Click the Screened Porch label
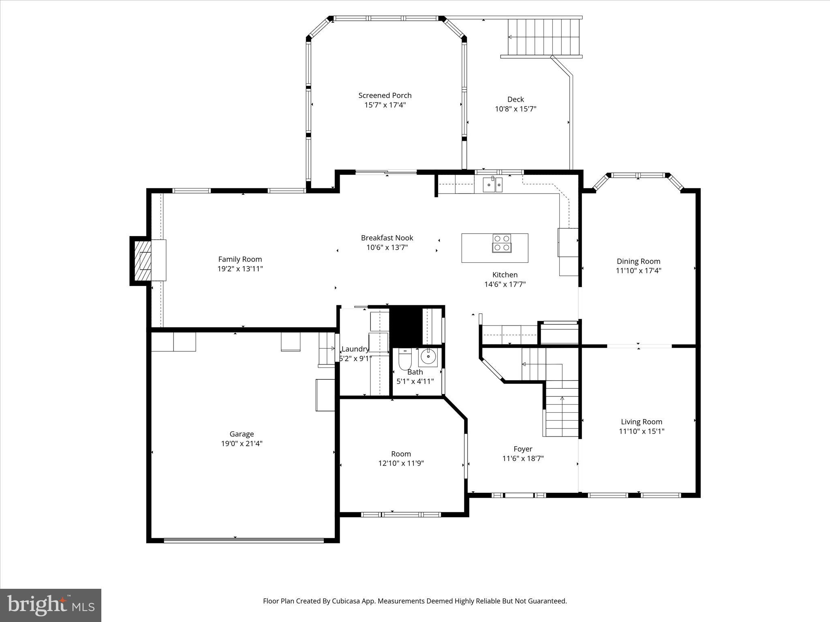tap(385, 96)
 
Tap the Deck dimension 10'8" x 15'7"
tap(516, 109)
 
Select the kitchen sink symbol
tap(492, 185)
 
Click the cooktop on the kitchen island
tap(502, 243)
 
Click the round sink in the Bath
tap(428, 357)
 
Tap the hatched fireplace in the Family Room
tap(142, 261)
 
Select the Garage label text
tap(242, 434)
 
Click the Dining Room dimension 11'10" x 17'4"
tap(638, 271)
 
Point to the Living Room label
tap(641, 422)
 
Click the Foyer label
tap(523, 449)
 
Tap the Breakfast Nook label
tap(387, 238)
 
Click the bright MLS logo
tap(51, 605)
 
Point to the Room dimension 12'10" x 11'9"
tap(401, 464)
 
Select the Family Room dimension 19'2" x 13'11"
tap(240, 269)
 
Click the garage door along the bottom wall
tap(243, 540)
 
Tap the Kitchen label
tap(505, 275)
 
